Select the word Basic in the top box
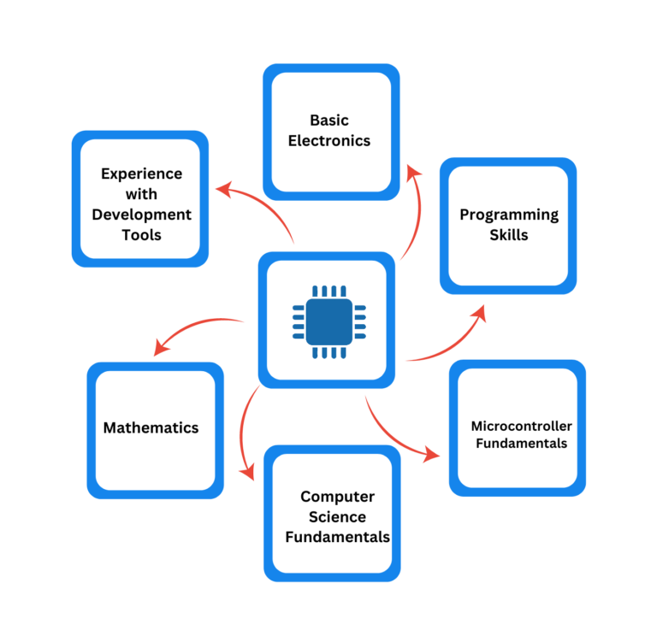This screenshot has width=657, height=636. coord(329,121)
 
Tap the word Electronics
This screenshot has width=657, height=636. coord(329,141)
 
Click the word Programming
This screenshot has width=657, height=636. coord(509,215)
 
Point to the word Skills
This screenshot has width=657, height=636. coord(509,235)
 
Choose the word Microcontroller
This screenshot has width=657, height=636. coord(521,426)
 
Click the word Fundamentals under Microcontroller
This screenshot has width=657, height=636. coord(521,444)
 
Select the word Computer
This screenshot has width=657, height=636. coord(337,497)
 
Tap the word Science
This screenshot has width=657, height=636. coord(337,517)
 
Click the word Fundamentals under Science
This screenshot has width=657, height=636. coord(337,538)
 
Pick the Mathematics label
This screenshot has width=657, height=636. coord(151,427)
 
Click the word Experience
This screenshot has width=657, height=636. coord(141,174)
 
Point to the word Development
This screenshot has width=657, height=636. coord(141,215)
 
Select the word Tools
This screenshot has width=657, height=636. coord(141,235)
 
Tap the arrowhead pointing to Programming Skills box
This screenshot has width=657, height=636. coord(479,313)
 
